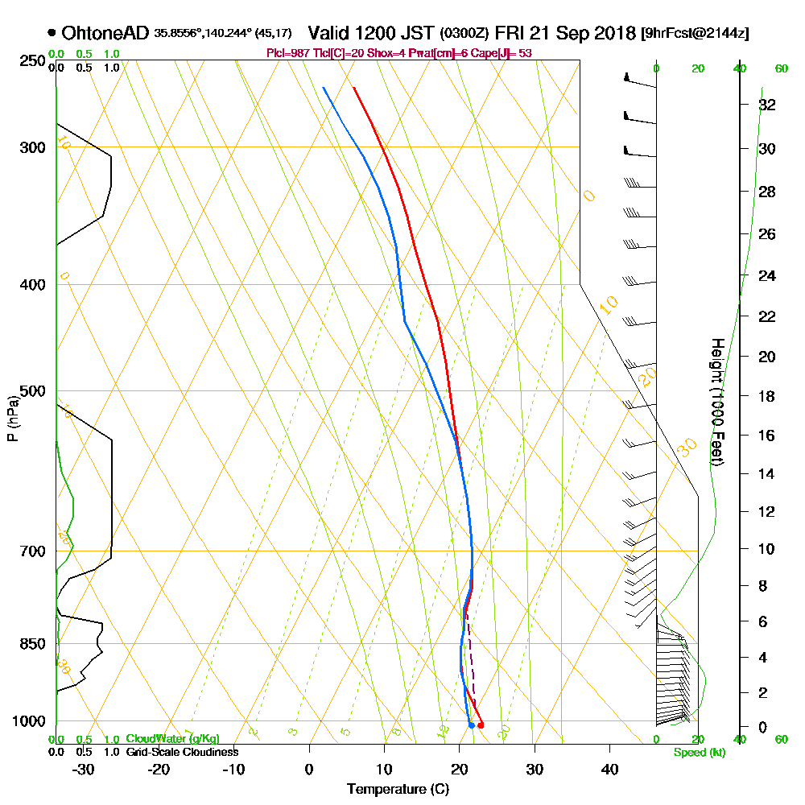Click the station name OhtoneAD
point(105,33)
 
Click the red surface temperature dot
point(481,725)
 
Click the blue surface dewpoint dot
point(472,725)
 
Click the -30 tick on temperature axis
point(84,769)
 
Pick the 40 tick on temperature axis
point(609,769)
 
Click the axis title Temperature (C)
point(398,789)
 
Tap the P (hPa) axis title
point(12,417)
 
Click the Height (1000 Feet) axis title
point(716,401)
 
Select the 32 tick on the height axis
point(767,105)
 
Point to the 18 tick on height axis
point(767,396)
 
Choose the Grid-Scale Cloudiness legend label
point(181,752)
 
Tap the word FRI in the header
point(512,33)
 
